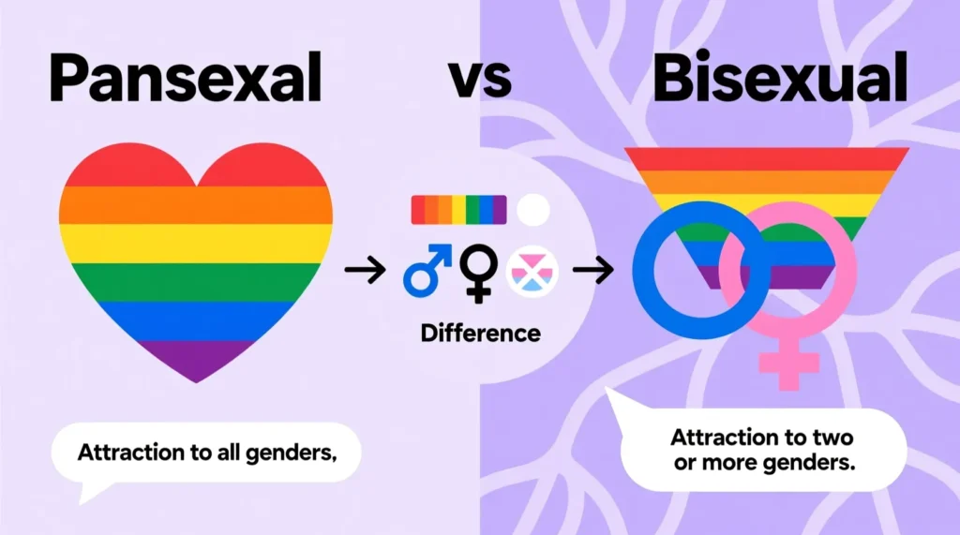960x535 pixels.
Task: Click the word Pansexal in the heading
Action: tap(185, 79)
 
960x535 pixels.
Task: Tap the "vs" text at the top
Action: tap(480, 80)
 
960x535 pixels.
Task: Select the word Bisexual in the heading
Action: tap(780, 77)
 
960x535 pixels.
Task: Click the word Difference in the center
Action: tap(481, 334)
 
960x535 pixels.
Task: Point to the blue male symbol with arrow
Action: tap(427, 271)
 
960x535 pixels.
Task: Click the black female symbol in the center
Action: tap(478, 273)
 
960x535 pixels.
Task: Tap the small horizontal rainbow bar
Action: tap(458, 210)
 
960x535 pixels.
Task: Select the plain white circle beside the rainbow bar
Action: tap(532, 210)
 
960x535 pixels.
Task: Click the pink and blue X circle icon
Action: tap(532, 271)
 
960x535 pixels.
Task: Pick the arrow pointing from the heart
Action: tap(365, 270)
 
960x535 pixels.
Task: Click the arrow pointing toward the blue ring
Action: tap(593, 270)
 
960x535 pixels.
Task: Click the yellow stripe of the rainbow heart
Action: tap(196, 244)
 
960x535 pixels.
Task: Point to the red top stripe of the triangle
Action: tap(767, 159)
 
